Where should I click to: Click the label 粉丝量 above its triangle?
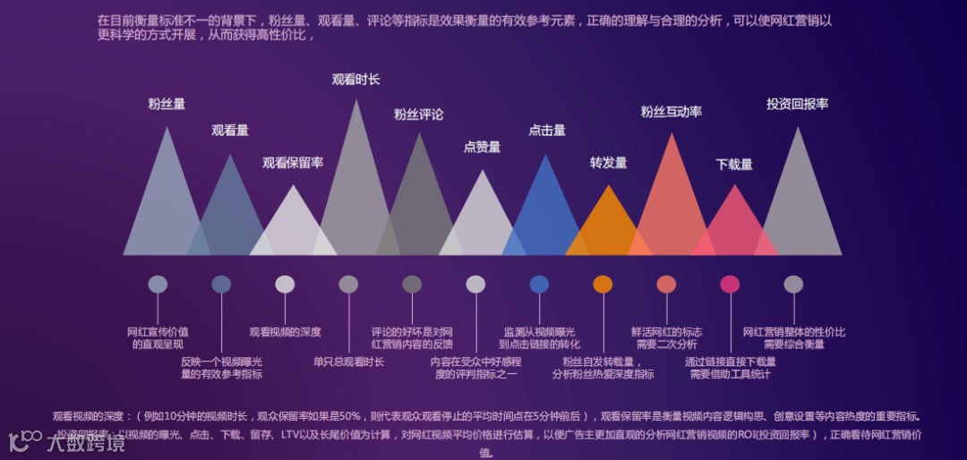(x=167, y=104)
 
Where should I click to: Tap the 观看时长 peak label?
(x=355, y=80)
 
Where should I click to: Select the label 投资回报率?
(x=797, y=104)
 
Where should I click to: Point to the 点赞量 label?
(x=482, y=147)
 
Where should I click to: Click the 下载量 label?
(x=734, y=165)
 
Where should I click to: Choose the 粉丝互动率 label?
(x=671, y=112)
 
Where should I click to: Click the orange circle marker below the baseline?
(x=603, y=285)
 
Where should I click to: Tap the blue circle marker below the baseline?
(x=539, y=285)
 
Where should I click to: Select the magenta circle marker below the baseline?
(x=730, y=285)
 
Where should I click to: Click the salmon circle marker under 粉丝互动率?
(x=666, y=285)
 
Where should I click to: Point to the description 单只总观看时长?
(x=348, y=362)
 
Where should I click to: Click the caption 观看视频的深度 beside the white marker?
(x=285, y=332)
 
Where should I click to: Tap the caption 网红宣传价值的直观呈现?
(x=158, y=337)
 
